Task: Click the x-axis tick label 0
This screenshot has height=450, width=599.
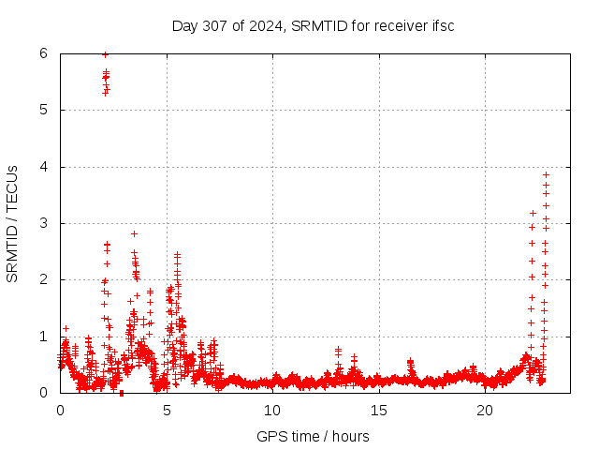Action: tap(60, 410)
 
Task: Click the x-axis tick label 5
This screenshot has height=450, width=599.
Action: tap(167, 410)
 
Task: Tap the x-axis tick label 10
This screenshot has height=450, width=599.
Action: tap(272, 410)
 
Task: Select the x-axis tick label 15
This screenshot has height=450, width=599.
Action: tap(379, 410)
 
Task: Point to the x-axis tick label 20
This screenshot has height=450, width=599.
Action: tap(485, 410)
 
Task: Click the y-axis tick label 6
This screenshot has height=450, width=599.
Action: tap(44, 53)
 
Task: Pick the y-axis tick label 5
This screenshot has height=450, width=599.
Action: tap(44, 110)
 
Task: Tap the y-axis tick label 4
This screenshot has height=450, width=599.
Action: tap(44, 167)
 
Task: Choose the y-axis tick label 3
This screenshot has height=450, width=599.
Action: tap(44, 223)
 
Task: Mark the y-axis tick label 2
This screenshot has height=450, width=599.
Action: tap(44, 279)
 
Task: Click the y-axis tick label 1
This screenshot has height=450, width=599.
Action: tap(44, 336)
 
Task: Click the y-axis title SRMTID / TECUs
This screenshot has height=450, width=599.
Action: tap(12, 223)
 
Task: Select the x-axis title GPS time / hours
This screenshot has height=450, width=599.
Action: tap(313, 436)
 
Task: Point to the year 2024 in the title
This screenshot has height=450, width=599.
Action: tap(264, 24)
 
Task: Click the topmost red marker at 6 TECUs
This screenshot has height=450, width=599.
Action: tap(105, 54)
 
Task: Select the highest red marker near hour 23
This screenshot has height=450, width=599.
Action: tap(546, 174)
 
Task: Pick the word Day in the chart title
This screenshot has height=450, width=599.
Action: tap(184, 24)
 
